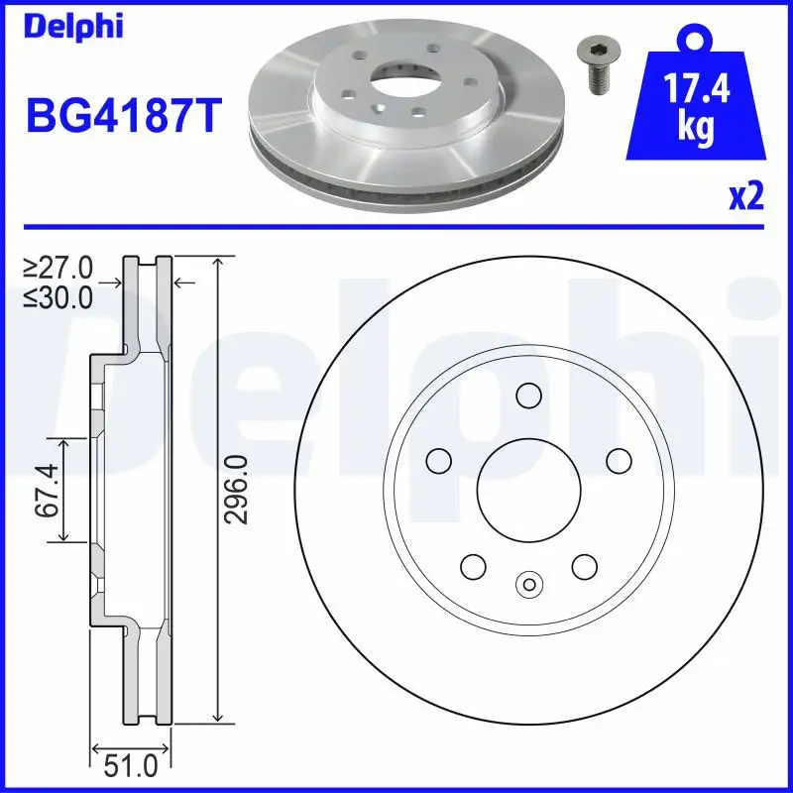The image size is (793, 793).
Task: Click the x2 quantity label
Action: click(745, 197)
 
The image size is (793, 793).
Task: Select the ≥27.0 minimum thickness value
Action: click(58, 268)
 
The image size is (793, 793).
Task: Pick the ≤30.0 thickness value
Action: click(58, 295)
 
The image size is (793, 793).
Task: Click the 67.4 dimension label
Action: click(45, 488)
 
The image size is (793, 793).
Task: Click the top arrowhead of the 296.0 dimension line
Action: click(216, 261)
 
